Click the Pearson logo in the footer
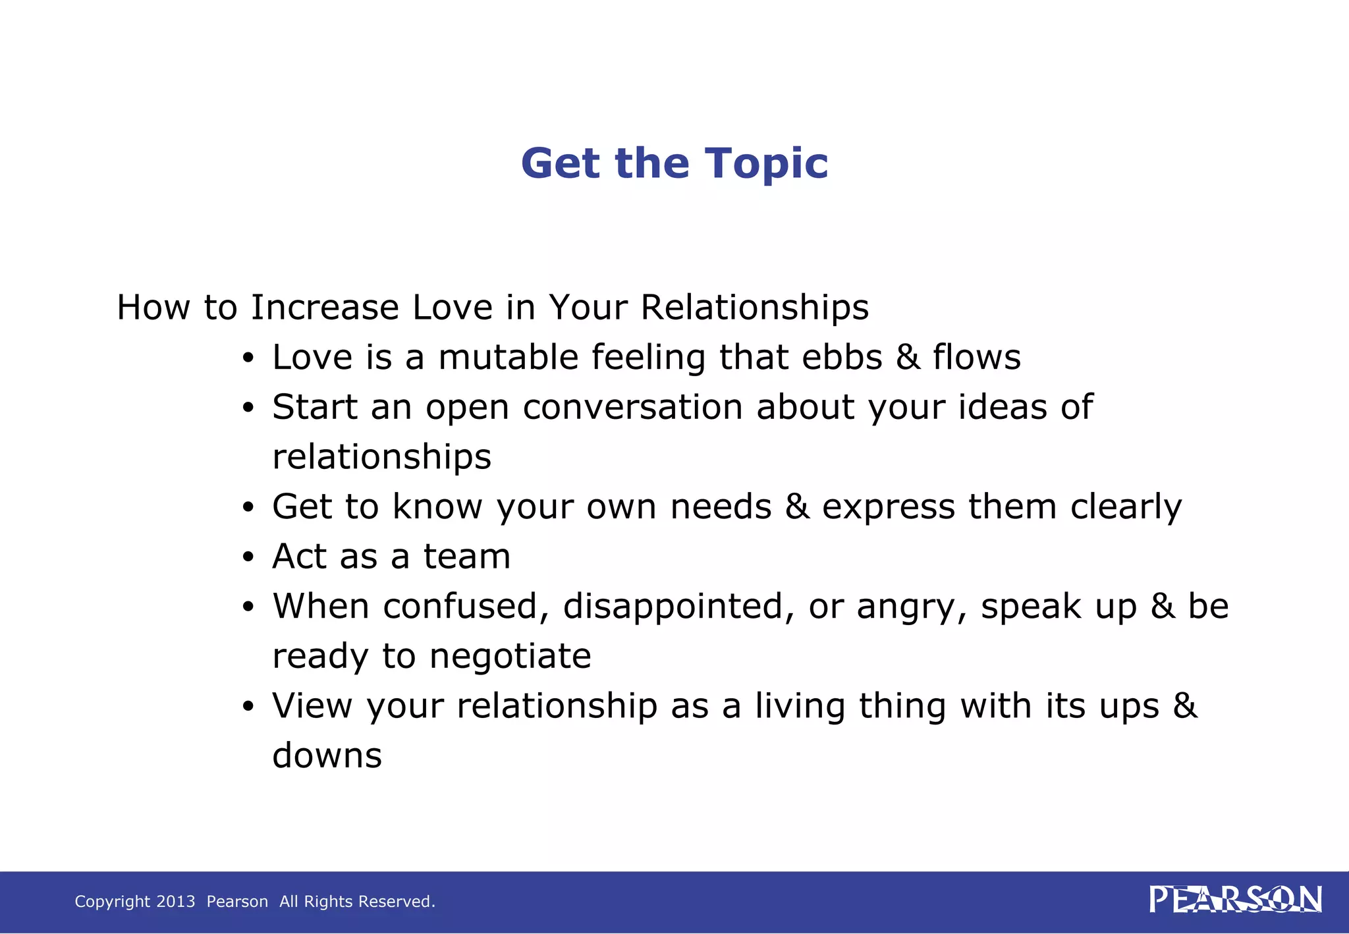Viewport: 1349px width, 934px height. coord(1235,900)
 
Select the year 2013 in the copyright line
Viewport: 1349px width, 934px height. coord(176,901)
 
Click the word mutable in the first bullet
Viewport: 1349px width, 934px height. coord(508,358)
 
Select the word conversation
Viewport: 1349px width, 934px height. coord(632,408)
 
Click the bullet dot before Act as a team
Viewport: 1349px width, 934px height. coord(248,558)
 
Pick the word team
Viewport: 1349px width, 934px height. coord(466,557)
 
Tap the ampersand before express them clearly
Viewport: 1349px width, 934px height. coord(796,507)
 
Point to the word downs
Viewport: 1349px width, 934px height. coord(327,756)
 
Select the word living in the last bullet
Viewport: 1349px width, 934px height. coord(800,706)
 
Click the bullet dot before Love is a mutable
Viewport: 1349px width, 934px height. coord(248,359)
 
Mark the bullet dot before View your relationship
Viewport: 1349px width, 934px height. coord(248,707)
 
